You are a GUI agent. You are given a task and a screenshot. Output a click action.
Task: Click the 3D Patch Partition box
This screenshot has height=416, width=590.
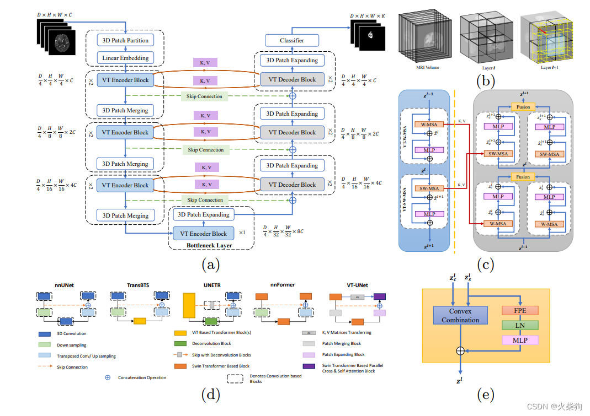125,40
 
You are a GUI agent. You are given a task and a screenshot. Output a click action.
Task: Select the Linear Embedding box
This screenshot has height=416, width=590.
125,58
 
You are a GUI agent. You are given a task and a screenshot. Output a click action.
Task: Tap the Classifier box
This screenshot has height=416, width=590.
292,40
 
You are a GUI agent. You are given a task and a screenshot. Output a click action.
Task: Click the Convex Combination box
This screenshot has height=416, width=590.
460,316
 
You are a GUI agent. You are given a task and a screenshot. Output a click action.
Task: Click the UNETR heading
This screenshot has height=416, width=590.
204,284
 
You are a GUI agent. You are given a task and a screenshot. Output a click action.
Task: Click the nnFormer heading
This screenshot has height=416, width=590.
283,284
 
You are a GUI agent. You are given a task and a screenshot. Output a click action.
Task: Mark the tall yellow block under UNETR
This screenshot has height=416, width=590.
189,306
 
